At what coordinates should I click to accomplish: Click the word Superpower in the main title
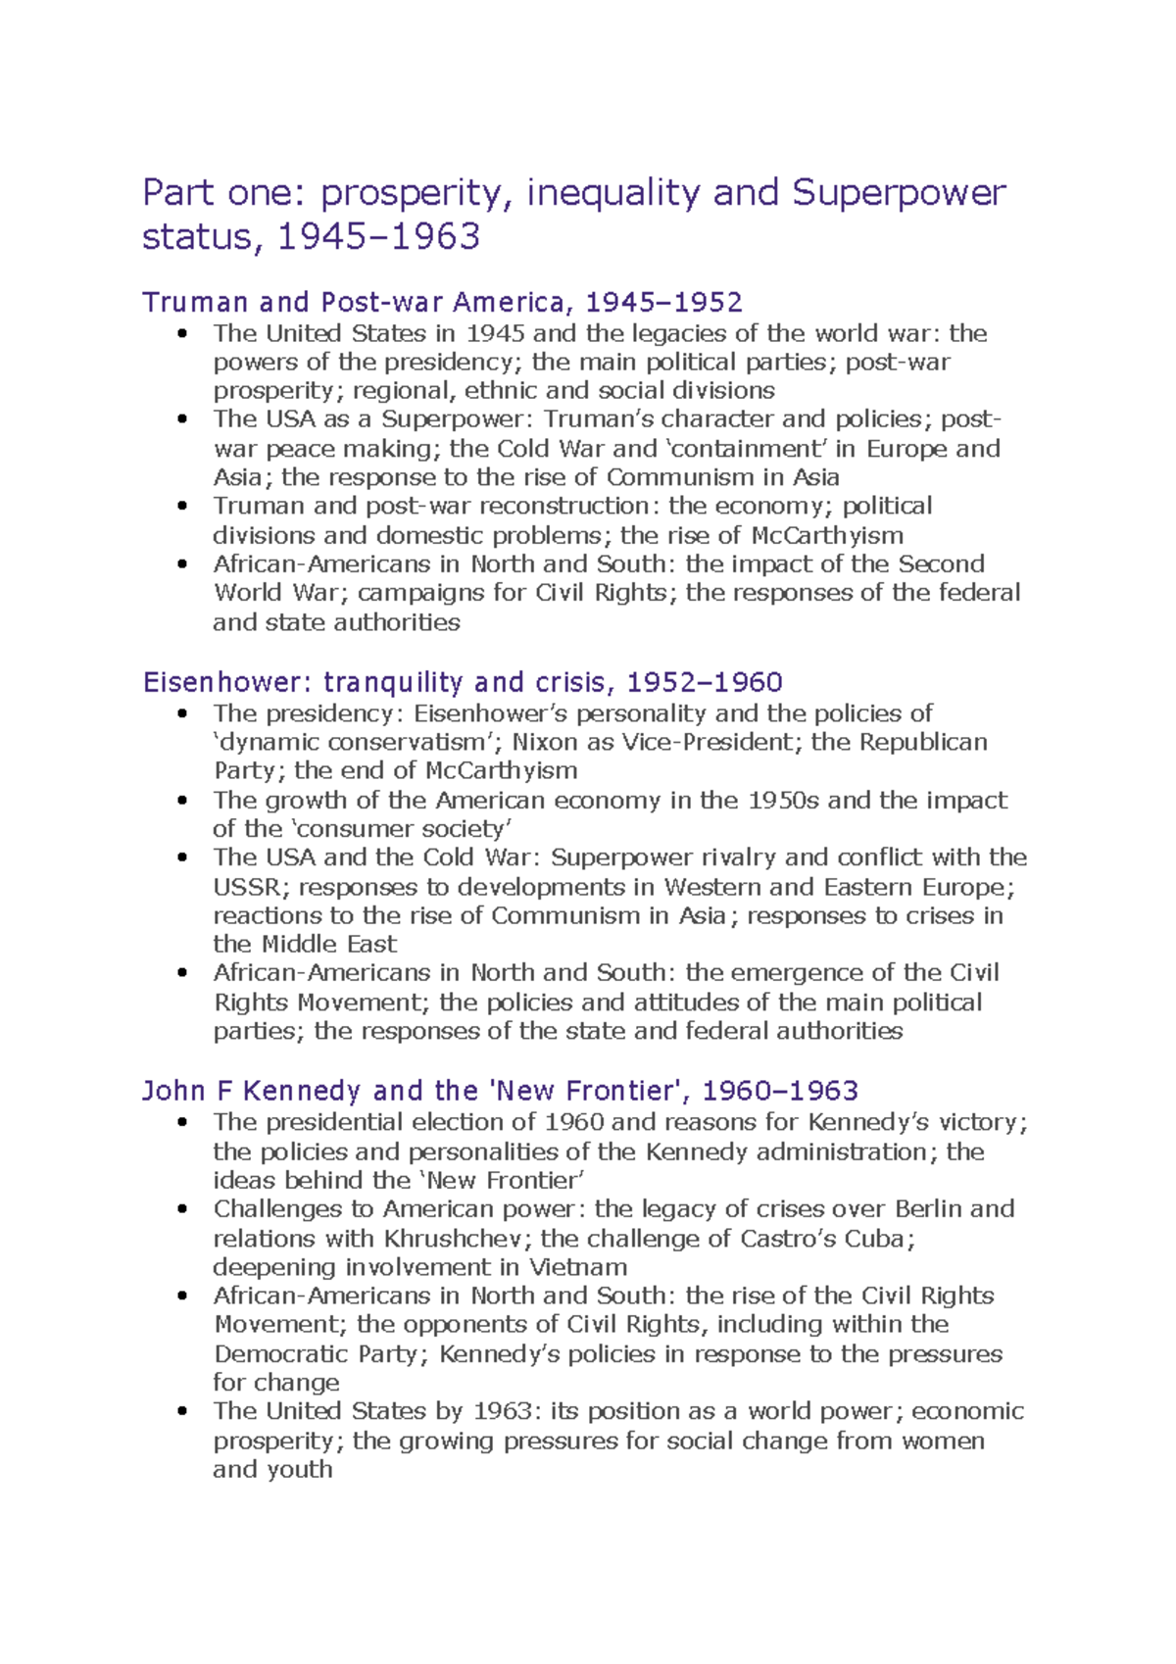(899, 192)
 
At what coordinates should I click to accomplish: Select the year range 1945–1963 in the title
(379, 237)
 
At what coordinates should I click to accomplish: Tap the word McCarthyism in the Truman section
(827, 535)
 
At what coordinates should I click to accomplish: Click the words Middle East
(329, 944)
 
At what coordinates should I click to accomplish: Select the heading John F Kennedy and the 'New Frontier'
(500, 1091)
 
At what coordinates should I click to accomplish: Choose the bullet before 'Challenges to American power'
(182, 1209)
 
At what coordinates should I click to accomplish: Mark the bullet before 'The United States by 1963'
(182, 1412)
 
